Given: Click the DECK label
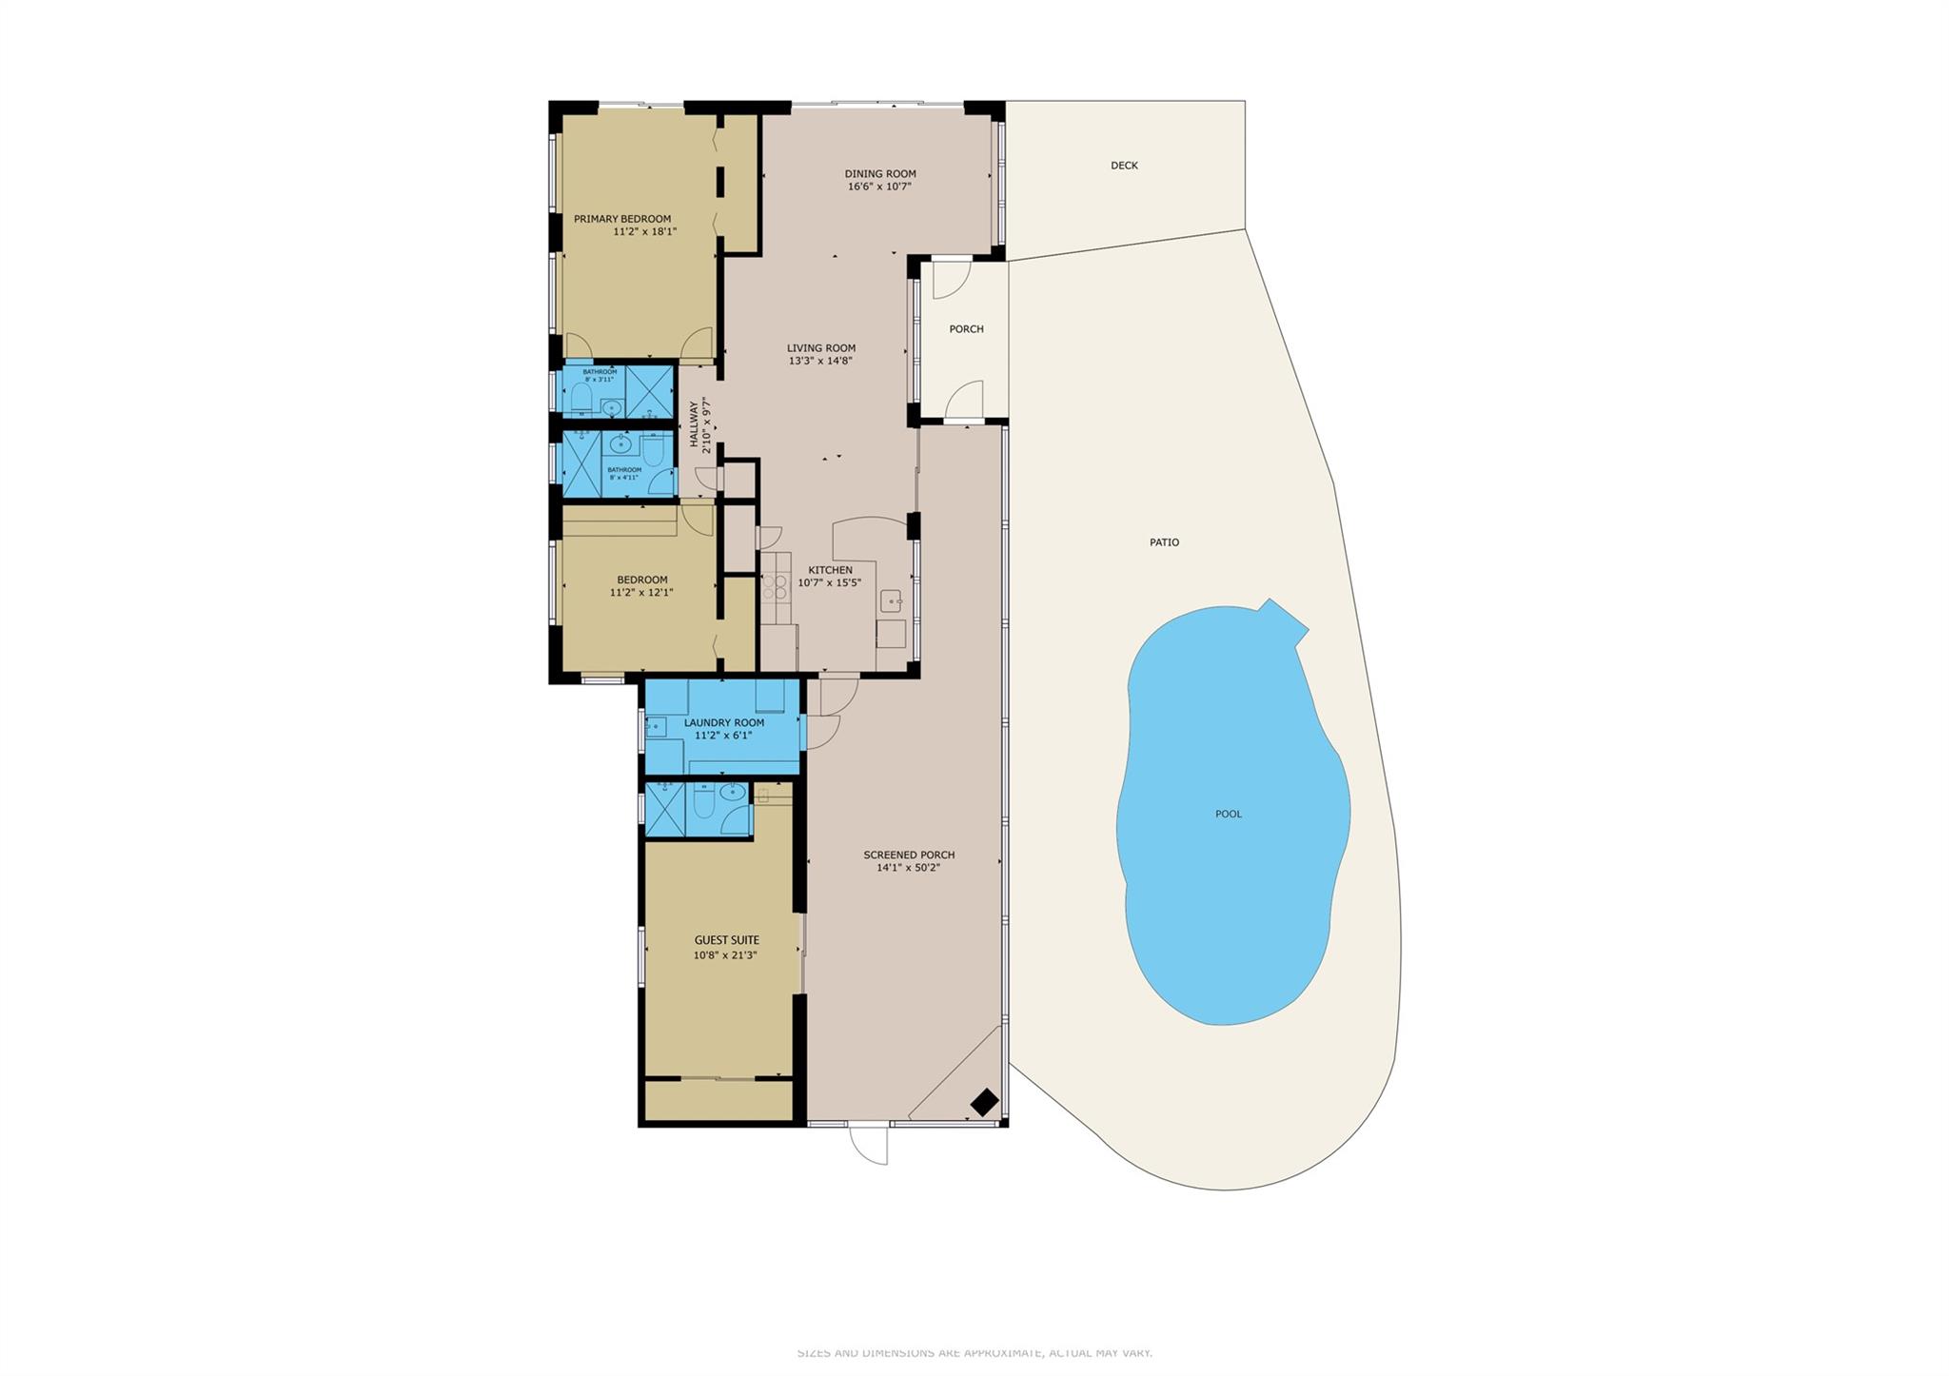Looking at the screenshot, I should click(x=1124, y=166).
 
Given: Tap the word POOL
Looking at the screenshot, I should click(x=1228, y=815).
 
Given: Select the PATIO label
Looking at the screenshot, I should click(x=1164, y=542).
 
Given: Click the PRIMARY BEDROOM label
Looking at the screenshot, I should click(x=621, y=219).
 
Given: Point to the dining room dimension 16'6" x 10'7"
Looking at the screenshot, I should click(x=879, y=187).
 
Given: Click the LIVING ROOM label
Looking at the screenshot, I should click(x=820, y=348).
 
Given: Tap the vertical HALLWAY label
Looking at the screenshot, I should click(x=694, y=424).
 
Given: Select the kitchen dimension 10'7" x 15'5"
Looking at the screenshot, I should click(x=829, y=583).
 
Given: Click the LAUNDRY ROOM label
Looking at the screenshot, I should click(x=723, y=723).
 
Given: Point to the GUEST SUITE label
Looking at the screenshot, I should click(x=726, y=940).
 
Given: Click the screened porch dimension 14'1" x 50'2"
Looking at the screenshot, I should click(x=908, y=868).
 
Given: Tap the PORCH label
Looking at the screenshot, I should click(x=966, y=329).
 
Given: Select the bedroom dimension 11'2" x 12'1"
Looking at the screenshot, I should click(x=640, y=593).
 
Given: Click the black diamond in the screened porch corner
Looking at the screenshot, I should click(x=984, y=1102).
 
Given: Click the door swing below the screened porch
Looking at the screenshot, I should click(x=869, y=1145).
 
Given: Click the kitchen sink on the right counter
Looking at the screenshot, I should click(x=890, y=600).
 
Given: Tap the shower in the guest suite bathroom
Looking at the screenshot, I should click(x=664, y=810).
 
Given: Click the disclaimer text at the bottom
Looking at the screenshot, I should click(x=974, y=1353).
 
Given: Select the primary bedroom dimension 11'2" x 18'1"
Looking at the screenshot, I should click(x=644, y=232).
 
